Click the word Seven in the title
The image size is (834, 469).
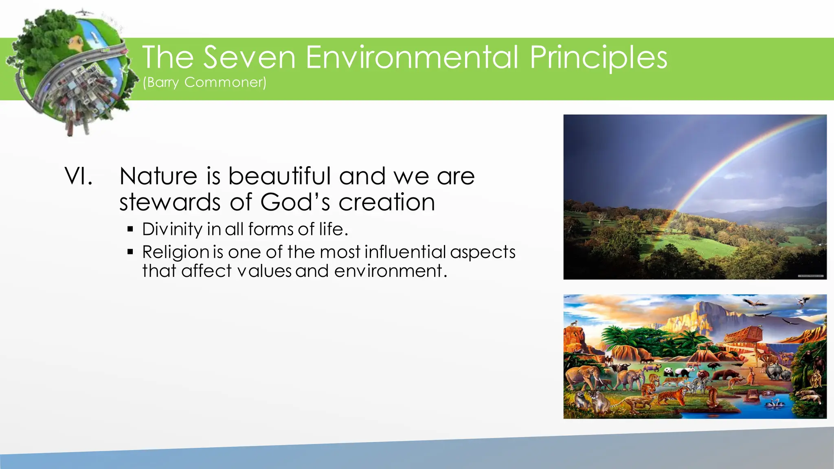pyautogui.click(x=249, y=57)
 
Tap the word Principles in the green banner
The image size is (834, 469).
pyautogui.click(x=598, y=57)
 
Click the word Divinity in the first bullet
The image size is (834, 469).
pyautogui.click(x=172, y=229)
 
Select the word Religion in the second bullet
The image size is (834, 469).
pyautogui.click(x=176, y=252)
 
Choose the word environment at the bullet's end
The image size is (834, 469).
pyautogui.click(x=388, y=271)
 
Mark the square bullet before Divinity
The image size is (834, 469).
pyautogui.click(x=130, y=229)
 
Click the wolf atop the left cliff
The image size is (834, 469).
pyautogui.click(x=574, y=324)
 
